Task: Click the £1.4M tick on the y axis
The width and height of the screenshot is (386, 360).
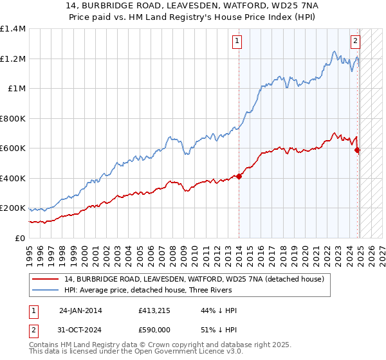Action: [13, 29]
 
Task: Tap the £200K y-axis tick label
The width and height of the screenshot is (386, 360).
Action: [12, 208]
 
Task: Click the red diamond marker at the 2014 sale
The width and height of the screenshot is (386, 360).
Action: [239, 176]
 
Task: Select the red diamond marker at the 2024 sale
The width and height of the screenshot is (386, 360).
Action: [358, 150]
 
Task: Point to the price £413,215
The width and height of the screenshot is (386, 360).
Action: [153, 310]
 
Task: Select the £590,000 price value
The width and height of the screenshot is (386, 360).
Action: [153, 329]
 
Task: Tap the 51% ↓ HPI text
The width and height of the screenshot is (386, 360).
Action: [219, 329]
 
